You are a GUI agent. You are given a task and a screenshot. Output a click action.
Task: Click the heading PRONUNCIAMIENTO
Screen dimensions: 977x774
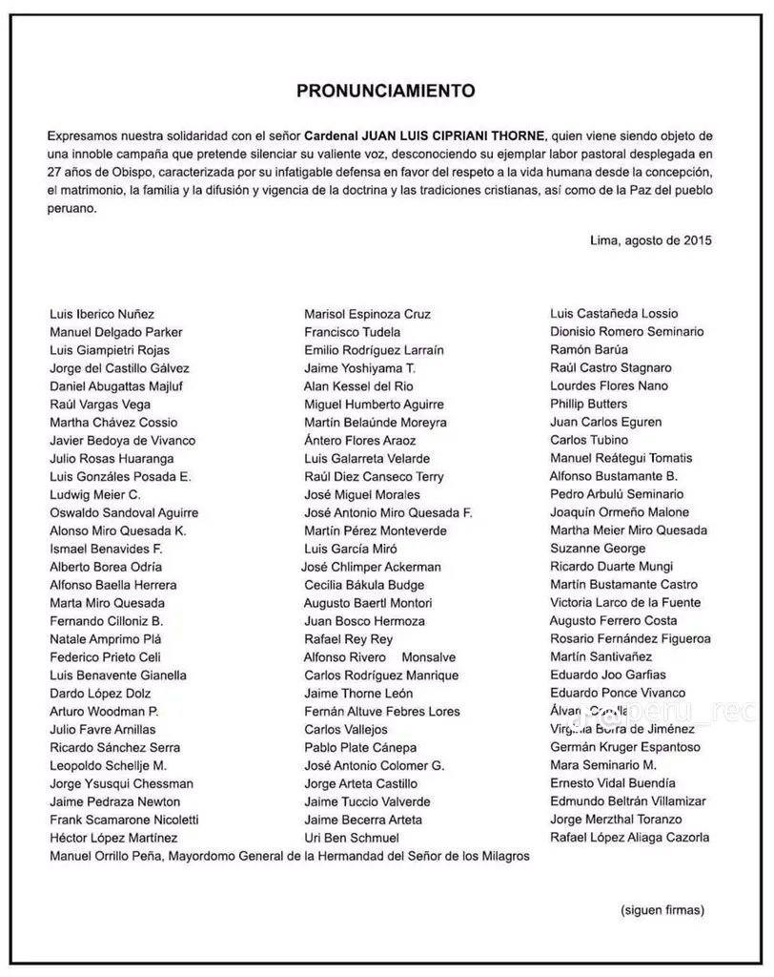(385, 92)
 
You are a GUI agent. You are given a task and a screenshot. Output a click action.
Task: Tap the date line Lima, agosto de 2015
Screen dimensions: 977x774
(651, 240)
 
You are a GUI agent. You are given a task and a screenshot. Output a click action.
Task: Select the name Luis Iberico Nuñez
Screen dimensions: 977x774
(102, 314)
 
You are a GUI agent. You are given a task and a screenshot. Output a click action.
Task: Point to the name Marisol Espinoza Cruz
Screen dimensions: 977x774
(367, 314)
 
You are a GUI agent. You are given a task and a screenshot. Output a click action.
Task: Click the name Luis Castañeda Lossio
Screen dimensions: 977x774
(614, 313)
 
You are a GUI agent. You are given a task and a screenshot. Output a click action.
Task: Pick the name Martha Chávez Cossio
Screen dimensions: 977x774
(113, 423)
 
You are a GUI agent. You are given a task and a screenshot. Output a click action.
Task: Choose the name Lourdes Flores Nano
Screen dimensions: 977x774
(609, 385)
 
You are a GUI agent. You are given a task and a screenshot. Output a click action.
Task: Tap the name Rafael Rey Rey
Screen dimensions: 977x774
(348, 639)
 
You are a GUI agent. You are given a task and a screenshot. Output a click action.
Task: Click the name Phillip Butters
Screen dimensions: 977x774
(588, 404)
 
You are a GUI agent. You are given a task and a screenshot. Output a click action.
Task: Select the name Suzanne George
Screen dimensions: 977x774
(598, 549)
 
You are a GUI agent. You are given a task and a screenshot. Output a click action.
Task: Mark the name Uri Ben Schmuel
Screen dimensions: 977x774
(352, 838)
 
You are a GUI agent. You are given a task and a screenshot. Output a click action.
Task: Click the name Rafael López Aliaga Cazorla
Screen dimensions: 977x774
(629, 838)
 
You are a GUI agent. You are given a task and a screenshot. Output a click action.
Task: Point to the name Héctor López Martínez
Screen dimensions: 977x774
(113, 838)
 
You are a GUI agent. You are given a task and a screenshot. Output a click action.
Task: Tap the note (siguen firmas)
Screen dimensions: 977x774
(662, 909)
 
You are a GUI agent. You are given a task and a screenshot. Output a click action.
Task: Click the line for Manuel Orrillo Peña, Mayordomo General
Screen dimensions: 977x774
(289, 856)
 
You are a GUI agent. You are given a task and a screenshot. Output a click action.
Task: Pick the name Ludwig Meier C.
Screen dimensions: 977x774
(95, 494)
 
